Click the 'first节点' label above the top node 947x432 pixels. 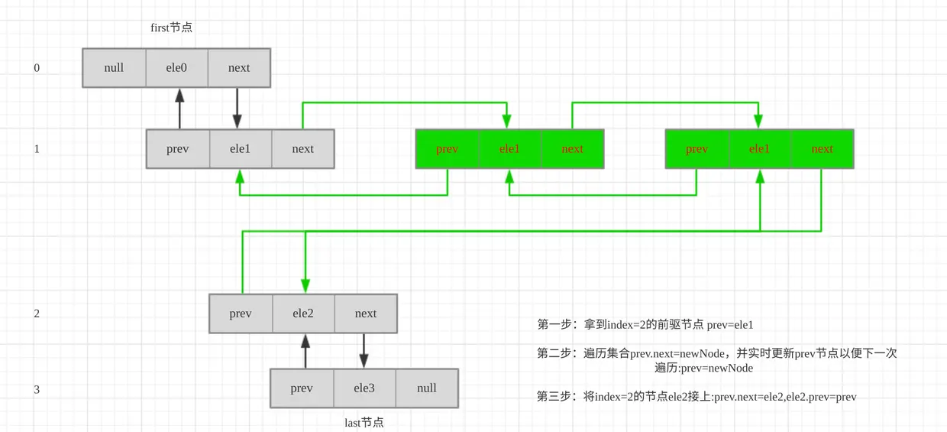tap(171, 28)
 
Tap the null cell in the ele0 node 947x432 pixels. tap(114, 68)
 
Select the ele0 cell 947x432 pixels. tap(176, 68)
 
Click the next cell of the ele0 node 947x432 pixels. tap(239, 68)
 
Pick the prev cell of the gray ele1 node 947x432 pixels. tap(177, 149)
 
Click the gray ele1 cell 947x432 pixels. tap(241, 149)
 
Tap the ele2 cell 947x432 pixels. tap(303, 313)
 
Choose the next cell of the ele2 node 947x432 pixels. tap(366, 313)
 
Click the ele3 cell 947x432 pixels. tap(364, 388)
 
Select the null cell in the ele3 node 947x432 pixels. tap(427, 388)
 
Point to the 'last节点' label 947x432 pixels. tap(364, 422)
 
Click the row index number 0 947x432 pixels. tap(37, 68)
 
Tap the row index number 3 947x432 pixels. tap(37, 389)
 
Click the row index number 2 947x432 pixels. tap(37, 313)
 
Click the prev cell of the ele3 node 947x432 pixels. tap(302, 388)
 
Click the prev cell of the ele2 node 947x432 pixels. tap(241, 313)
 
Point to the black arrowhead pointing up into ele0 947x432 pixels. tap(179, 96)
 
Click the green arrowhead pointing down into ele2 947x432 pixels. tap(305, 286)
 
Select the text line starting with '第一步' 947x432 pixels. tap(645, 324)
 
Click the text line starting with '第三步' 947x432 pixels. tap(697, 397)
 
